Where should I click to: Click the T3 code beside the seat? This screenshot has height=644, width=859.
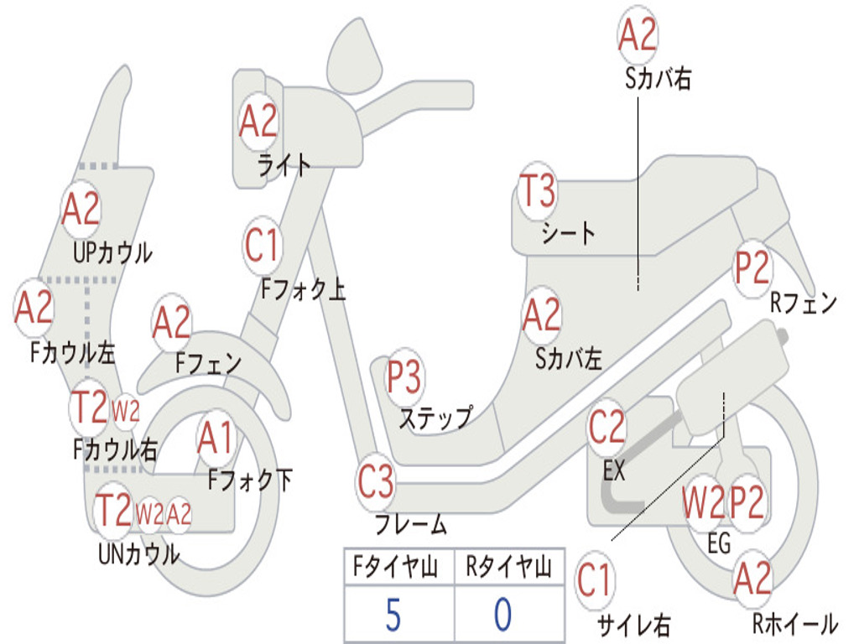coord(538,190)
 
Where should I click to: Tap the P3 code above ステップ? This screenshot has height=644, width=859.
coord(403,377)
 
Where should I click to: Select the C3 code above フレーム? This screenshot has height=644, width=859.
coord(375,481)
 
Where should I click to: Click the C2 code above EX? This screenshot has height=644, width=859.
coord(607,427)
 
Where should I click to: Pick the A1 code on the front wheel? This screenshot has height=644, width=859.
coord(216,439)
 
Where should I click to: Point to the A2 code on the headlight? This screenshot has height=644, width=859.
coord(258,121)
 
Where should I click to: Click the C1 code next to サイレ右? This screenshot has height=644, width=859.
coord(594,580)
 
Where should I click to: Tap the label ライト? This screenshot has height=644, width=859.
coord(284,165)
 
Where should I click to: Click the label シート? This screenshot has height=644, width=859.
coord(568,233)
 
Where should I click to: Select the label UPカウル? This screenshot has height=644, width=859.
coord(113,253)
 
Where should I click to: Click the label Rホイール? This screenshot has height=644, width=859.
coord(795,624)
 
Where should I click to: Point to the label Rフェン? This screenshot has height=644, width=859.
coord(804,302)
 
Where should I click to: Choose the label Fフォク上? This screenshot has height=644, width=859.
coord(304,289)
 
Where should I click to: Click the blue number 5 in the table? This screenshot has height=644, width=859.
coord(393,615)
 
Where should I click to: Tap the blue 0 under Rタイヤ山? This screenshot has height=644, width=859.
coord(503,615)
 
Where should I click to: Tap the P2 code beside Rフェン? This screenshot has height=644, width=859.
coord(752,267)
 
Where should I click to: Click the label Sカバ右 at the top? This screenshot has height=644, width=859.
coord(658,79)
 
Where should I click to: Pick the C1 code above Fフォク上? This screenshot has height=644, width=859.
coord(263,246)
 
